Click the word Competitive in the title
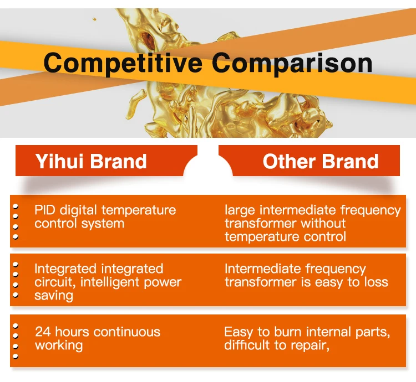(123, 63)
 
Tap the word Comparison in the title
(292, 63)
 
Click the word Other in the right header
(289, 161)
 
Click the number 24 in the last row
(43, 332)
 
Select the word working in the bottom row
(59, 345)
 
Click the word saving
(54, 296)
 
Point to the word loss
(376, 282)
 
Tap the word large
(240, 211)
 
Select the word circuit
(55, 282)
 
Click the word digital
(78, 211)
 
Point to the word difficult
(247, 345)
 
